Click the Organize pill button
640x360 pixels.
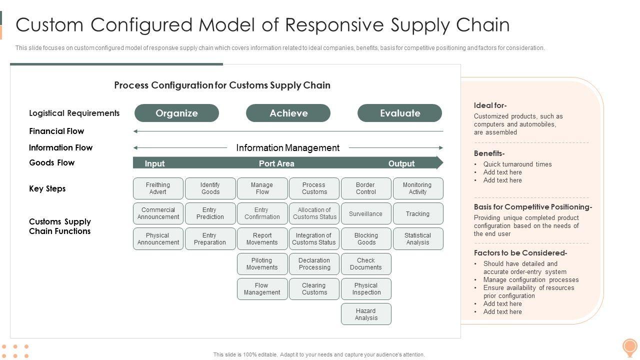pyautogui.click(x=176, y=113)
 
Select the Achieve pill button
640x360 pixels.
pyautogui.click(x=288, y=113)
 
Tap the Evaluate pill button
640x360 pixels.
pyautogui.click(x=399, y=113)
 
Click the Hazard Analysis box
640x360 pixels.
pyautogui.click(x=366, y=314)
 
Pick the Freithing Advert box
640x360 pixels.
pyautogui.click(x=158, y=188)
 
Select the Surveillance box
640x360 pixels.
pyautogui.click(x=366, y=213)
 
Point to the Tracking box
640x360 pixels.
pyautogui.click(x=418, y=213)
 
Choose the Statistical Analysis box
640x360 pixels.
pyautogui.click(x=418, y=238)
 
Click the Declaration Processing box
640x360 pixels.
pyautogui.click(x=314, y=263)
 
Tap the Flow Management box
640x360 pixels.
pyautogui.click(x=262, y=289)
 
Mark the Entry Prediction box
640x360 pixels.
pyautogui.click(x=210, y=213)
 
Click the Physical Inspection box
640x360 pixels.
pyautogui.click(x=366, y=289)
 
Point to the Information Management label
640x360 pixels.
pyautogui.click(x=287, y=147)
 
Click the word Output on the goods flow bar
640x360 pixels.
pyautogui.click(x=401, y=163)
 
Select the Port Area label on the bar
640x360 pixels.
pyautogui.click(x=276, y=163)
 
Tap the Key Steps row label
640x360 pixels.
pyautogui.click(x=47, y=188)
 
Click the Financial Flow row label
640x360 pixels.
pyautogui.click(x=56, y=131)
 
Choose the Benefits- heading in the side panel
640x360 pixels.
pyautogui.click(x=489, y=153)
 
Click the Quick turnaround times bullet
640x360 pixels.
pyautogui.click(x=517, y=164)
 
